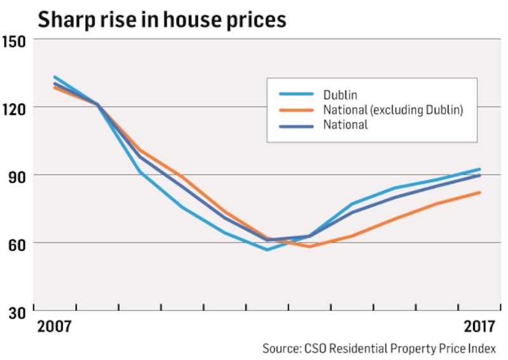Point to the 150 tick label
click(x=15, y=40)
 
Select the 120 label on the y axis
click(x=15, y=107)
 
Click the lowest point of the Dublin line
click(x=267, y=250)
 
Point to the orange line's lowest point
click(x=309, y=246)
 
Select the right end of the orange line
click(x=479, y=192)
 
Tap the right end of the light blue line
click(x=479, y=170)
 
